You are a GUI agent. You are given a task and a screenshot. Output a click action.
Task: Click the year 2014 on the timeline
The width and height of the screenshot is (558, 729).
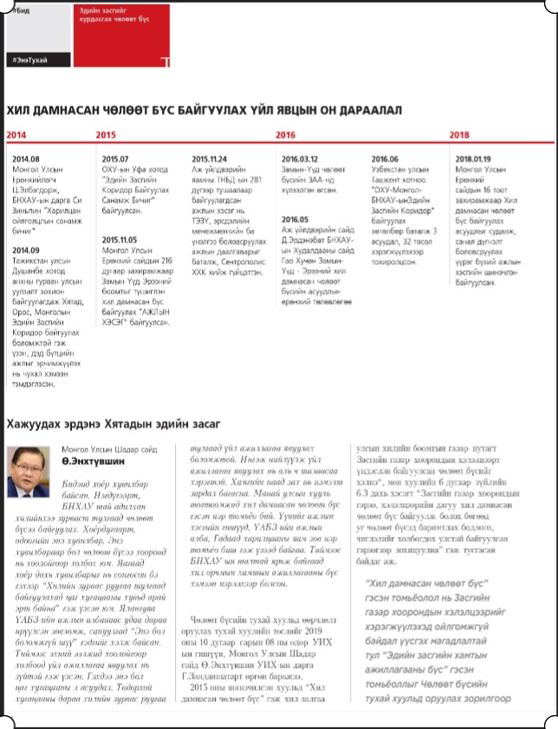coord(16,135)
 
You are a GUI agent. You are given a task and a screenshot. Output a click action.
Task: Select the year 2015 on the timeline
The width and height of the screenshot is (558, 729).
coord(106,135)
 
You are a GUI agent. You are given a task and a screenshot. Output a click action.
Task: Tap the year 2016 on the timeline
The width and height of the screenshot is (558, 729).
coord(285,135)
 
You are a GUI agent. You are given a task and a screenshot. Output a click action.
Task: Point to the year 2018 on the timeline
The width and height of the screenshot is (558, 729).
coord(459,135)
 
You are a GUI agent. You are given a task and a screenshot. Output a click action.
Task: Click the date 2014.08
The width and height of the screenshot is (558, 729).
coord(26,159)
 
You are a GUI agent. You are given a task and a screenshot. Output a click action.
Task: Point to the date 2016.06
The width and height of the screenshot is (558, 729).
coord(385,159)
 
